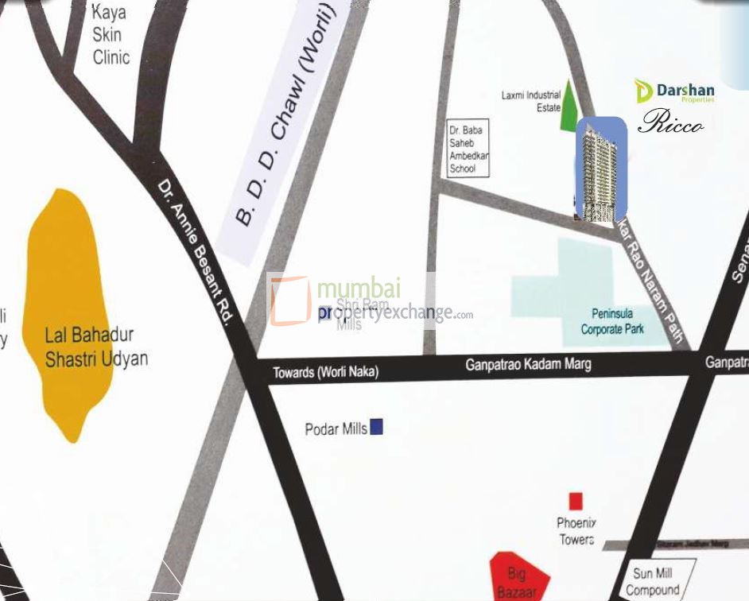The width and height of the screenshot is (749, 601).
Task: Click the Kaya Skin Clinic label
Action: [x=111, y=36]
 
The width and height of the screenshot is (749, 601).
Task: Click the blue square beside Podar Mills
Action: [x=377, y=427]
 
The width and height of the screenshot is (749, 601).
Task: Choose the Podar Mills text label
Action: [x=336, y=428]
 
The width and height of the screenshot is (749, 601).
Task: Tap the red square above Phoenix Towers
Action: [x=576, y=501]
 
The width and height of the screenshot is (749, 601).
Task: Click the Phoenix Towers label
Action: [x=576, y=531]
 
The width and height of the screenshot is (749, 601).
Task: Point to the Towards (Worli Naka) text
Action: [x=326, y=372]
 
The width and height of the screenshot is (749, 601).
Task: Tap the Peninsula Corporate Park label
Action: [x=611, y=321]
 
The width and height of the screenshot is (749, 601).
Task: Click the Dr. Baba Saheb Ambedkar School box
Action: [x=468, y=149]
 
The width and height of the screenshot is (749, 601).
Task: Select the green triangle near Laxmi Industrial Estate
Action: [x=569, y=108]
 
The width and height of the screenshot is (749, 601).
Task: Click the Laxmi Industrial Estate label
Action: [x=530, y=101]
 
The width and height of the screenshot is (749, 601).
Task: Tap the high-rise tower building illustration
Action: [x=600, y=169]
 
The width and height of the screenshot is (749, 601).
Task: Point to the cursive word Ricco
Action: [x=670, y=122]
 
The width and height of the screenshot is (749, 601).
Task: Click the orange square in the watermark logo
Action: [x=289, y=300]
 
